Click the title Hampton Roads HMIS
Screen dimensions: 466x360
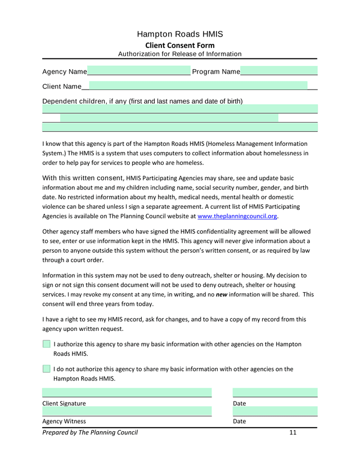[180, 34]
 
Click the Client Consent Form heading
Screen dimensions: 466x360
[180, 45]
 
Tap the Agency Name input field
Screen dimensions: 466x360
[139, 71]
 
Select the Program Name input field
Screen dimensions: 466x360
[279, 71]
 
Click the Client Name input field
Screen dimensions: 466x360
[198, 86]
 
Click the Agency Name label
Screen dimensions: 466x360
[65, 72]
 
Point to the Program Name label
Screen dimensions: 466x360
[216, 72]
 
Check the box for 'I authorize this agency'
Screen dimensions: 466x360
[46, 344]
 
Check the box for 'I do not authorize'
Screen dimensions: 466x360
[46, 369]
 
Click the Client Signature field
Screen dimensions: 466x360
[127, 392]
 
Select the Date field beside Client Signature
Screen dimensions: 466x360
[275, 392]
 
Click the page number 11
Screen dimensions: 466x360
[292, 432]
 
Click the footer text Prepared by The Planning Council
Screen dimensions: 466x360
[90, 432]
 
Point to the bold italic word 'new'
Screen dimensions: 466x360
[222, 294]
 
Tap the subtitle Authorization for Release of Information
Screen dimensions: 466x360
[180, 54]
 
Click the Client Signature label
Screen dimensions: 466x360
[64, 404]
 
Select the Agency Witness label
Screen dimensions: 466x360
[64, 422]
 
